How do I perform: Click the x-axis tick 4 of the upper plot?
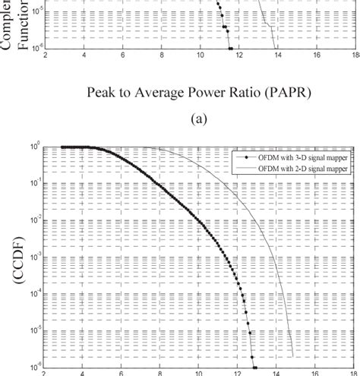click(x=84, y=55)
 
